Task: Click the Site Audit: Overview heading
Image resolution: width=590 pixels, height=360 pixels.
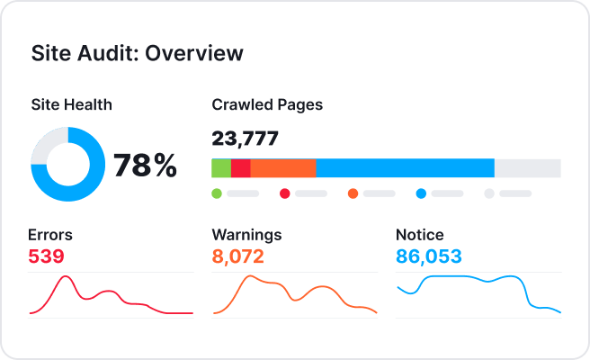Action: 137,53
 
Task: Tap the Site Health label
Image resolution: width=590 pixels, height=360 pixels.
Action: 71,104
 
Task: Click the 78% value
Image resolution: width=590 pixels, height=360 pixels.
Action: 144,165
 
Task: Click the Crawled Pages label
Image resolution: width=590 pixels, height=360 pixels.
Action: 267,104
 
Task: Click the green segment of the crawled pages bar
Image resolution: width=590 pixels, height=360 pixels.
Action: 221,168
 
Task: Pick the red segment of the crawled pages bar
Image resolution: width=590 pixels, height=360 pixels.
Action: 241,168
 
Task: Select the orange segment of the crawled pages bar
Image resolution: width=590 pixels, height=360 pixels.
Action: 283,168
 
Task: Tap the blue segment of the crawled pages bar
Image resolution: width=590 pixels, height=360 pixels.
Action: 405,168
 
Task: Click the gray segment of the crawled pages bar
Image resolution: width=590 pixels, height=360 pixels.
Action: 527,168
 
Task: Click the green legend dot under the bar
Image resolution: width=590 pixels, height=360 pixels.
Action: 217,193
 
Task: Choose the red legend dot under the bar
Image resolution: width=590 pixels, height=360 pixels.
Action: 284,193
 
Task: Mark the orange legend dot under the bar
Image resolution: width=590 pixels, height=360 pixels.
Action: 353,193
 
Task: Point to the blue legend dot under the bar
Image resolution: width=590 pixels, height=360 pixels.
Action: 421,193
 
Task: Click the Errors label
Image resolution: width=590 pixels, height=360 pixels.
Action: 50,235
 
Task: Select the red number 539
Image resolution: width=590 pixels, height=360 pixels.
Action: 47,257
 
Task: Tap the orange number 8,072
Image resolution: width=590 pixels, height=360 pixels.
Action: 237,257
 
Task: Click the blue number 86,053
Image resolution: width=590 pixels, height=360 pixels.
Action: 429,257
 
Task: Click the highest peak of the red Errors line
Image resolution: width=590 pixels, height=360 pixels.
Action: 65,276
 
